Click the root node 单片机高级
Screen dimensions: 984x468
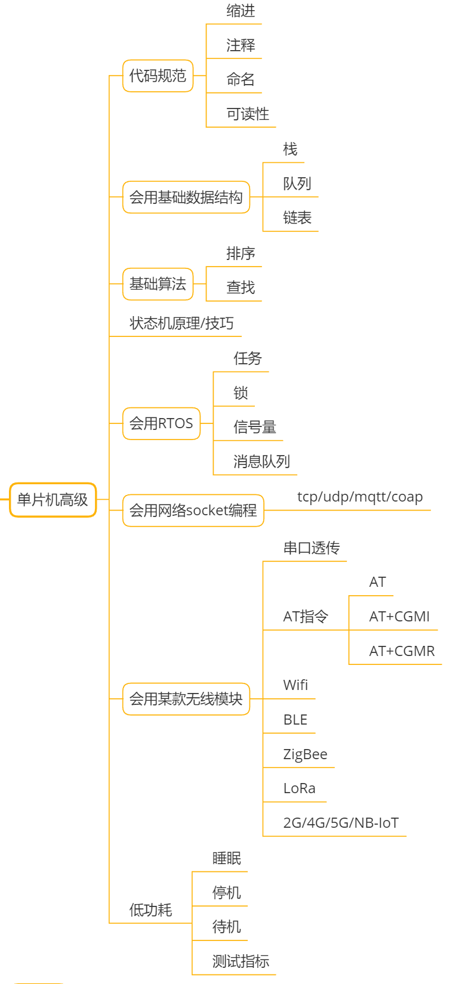click(53, 500)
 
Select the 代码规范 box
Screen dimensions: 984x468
click(158, 76)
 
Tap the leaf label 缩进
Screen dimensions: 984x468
click(241, 11)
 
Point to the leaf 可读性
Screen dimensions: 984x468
click(248, 114)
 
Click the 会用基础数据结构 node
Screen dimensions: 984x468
click(186, 197)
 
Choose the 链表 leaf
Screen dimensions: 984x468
click(297, 218)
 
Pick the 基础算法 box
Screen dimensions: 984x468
click(158, 284)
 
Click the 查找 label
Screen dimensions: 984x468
click(241, 287)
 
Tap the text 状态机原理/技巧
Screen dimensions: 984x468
click(181, 323)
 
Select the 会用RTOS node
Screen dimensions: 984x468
click(161, 423)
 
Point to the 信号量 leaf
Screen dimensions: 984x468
click(255, 427)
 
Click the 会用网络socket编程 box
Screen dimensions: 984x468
click(193, 510)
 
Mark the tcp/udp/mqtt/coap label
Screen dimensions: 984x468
click(360, 497)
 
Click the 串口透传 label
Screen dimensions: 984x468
click(312, 548)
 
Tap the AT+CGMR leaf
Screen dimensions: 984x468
click(402, 651)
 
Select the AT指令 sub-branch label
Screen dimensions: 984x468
click(306, 617)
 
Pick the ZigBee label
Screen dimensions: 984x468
click(305, 754)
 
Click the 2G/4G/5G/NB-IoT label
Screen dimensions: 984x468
click(341, 823)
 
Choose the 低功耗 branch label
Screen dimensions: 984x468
click(150, 910)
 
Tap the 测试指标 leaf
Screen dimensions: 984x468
click(241, 961)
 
